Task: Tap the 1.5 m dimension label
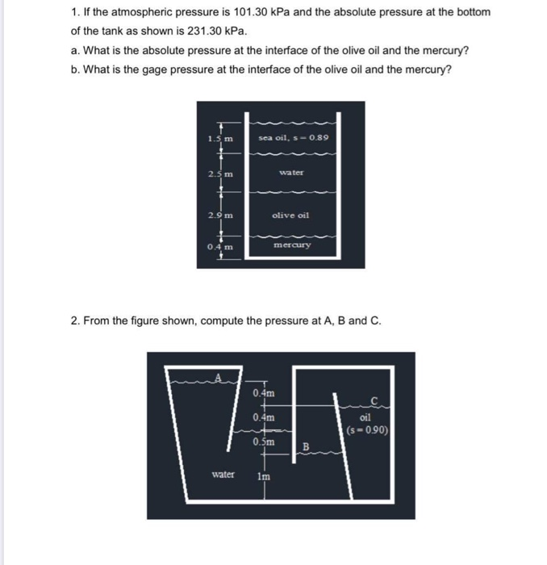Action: coord(220,139)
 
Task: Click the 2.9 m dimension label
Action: coord(220,215)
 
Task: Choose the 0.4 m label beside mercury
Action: coord(219,247)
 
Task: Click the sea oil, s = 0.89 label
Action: coord(294,139)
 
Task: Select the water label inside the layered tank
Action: coord(291,173)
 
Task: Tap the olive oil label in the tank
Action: coord(291,216)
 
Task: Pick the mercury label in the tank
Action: coord(291,244)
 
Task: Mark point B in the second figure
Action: coord(306,446)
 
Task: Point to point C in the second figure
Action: coord(374,401)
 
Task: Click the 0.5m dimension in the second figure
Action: coord(264,442)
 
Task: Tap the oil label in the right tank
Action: coord(367,417)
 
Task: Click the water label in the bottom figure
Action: coord(223,475)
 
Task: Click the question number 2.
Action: coord(74,320)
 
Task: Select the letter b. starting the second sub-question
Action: coord(75,69)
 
